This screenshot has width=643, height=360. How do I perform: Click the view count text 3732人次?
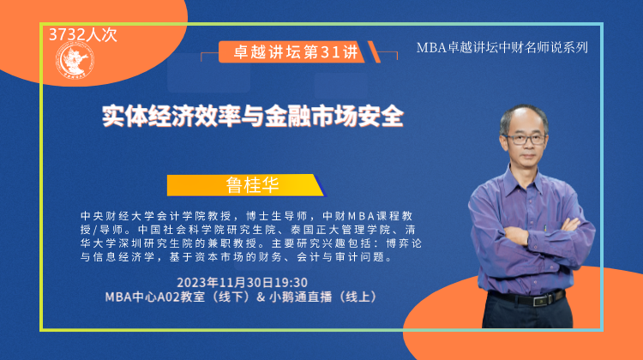83,35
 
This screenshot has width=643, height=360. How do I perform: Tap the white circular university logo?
75,62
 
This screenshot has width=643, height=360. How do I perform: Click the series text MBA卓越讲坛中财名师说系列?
502,47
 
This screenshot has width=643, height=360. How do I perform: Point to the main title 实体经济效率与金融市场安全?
253,116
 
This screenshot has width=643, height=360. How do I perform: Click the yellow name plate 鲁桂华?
246,185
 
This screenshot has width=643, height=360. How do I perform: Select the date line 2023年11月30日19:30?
242,283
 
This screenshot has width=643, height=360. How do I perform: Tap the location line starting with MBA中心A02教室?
242,297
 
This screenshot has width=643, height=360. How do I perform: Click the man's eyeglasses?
526,139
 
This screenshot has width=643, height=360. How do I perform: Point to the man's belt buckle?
538,300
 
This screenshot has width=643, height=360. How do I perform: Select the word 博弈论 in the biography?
405,243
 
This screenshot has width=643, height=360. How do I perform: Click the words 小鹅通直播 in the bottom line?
301,297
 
